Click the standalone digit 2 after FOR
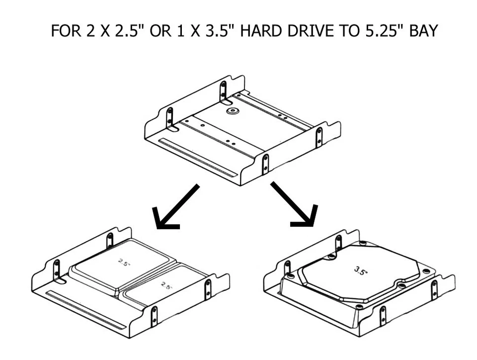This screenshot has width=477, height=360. pos(90,31)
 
